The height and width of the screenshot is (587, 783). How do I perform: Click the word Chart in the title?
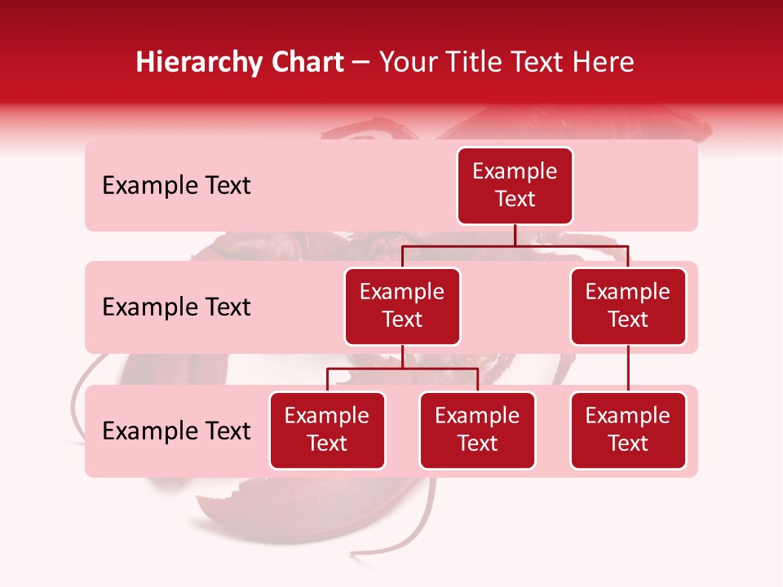(308, 62)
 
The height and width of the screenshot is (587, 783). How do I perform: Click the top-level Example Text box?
(515, 186)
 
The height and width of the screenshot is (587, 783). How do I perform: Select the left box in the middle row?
(402, 307)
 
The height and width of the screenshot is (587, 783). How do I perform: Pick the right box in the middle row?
(628, 307)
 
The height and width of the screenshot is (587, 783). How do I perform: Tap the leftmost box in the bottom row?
(327, 430)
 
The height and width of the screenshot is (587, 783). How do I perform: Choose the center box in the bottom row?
(477, 430)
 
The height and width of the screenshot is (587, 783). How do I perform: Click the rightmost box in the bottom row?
(628, 430)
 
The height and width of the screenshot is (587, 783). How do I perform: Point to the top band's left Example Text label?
(176, 186)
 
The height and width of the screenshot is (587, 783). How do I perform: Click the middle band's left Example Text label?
(176, 307)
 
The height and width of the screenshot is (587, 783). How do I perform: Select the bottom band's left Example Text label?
(176, 431)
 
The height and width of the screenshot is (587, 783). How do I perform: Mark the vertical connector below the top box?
(515, 235)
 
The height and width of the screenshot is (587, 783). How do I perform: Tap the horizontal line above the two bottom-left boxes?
(402, 369)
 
